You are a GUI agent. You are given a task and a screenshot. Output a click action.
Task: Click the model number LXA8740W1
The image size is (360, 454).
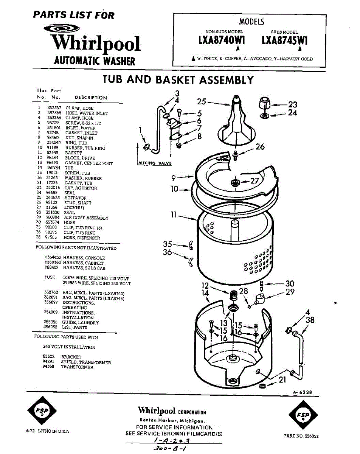221,40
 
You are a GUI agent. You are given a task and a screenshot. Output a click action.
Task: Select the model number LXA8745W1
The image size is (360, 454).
284,40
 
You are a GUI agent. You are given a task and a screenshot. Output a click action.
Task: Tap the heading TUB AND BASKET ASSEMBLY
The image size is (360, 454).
178,80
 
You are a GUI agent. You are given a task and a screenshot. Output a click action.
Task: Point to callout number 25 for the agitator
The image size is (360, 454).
202,101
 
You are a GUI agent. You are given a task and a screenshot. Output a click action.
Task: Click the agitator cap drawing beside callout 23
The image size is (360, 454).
264,103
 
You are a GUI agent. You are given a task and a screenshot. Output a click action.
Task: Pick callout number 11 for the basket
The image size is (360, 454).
174,215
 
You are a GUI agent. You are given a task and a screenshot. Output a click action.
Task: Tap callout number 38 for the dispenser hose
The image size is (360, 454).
310,320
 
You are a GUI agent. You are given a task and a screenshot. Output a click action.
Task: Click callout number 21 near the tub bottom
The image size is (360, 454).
282,379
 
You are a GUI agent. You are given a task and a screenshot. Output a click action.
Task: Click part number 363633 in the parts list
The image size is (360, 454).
53,198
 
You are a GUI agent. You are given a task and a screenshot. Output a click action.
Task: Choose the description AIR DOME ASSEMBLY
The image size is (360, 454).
86,218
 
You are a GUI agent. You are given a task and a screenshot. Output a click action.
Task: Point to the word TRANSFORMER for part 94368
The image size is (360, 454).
77,367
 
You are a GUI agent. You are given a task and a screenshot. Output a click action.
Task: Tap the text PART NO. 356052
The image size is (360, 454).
301,436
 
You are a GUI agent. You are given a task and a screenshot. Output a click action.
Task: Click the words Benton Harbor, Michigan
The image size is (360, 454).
172,421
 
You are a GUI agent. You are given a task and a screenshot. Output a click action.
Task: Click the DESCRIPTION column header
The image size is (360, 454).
91,98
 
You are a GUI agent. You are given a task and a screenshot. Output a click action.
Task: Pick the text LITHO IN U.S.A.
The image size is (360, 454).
52,431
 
